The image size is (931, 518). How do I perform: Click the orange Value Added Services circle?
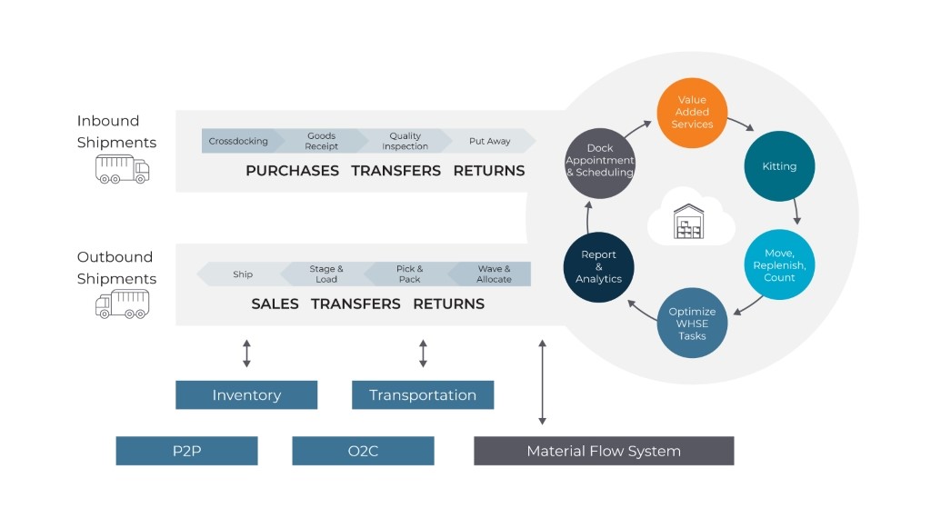click(x=692, y=112)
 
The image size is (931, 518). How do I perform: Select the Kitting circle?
click(x=779, y=166)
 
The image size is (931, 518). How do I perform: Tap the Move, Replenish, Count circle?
click(x=779, y=265)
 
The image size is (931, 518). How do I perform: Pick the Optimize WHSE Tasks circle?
click(x=692, y=324)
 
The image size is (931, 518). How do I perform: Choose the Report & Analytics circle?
click(x=598, y=267)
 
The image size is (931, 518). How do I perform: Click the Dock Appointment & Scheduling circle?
click(x=599, y=161)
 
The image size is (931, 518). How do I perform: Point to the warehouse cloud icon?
click(x=690, y=216)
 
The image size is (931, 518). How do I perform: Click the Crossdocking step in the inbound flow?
click(x=238, y=142)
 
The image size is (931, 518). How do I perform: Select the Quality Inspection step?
click(x=405, y=142)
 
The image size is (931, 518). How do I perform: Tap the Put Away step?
click(x=489, y=142)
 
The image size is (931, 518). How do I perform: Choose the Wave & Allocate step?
click(x=494, y=274)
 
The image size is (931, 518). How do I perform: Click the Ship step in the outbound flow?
click(x=242, y=274)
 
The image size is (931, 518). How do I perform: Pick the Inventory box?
click(x=246, y=395)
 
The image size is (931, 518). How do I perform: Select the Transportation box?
click(x=423, y=395)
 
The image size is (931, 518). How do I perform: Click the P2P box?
click(x=186, y=451)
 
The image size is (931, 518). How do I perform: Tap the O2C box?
click(x=363, y=451)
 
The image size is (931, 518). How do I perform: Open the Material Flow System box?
click(x=604, y=451)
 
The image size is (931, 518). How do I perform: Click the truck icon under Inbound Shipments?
click(x=122, y=168)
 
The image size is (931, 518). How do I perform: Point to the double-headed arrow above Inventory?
click(x=246, y=354)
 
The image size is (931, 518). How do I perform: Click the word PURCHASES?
click(x=292, y=171)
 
